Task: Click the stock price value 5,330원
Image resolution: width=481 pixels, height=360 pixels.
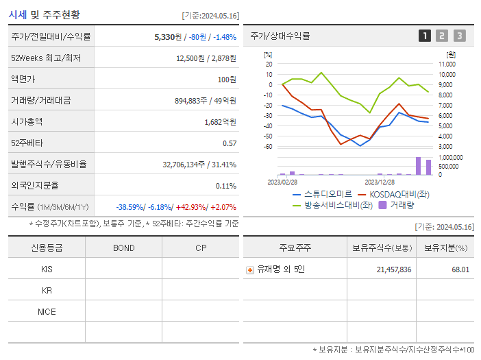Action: [168, 37]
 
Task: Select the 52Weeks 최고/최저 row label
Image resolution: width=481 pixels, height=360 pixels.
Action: [46, 58]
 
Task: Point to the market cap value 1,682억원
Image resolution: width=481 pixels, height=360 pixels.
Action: [220, 122]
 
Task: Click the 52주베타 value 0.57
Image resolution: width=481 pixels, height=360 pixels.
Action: [229, 143]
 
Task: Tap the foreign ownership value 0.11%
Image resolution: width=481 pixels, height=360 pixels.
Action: [226, 186]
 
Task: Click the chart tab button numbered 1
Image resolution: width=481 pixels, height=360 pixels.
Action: [425, 36]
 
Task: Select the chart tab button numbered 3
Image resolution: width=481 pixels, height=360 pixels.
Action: [459, 36]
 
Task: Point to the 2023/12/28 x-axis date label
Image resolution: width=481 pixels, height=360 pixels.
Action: [379, 182]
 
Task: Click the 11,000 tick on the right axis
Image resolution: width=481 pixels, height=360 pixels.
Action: [446, 64]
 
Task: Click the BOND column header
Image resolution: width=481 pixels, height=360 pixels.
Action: [123, 248]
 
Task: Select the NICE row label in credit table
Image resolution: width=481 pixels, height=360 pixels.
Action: [47, 311]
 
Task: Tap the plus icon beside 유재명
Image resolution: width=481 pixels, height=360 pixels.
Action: [250, 270]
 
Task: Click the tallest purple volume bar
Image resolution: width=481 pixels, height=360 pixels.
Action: [418, 167]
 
